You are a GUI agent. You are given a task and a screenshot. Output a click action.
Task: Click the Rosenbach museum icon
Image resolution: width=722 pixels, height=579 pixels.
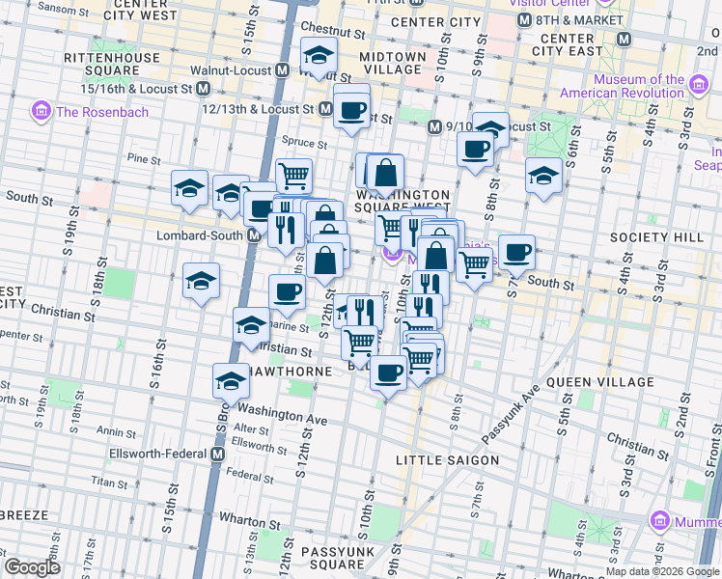click(42, 112)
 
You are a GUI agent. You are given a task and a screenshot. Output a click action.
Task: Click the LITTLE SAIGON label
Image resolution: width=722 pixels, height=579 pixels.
click(447, 460)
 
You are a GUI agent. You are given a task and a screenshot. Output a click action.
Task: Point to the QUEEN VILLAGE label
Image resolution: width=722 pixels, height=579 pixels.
click(595, 382)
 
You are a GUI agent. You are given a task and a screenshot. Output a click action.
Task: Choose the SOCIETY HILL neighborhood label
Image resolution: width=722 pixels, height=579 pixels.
click(652, 237)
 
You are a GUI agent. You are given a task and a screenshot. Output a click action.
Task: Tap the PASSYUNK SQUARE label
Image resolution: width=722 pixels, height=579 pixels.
click(331, 558)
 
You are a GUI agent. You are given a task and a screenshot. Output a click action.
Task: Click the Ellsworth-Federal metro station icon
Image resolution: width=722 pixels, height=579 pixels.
click(217, 454)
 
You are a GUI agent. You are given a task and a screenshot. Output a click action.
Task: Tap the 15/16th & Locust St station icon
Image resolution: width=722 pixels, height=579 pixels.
click(203, 88)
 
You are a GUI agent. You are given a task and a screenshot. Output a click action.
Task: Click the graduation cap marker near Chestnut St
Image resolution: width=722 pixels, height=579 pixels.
click(318, 58)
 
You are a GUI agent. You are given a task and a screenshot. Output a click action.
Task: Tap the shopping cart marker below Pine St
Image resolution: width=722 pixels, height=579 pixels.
click(293, 176)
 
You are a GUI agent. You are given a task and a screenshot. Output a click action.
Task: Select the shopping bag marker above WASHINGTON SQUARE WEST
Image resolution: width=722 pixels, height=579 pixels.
click(385, 174)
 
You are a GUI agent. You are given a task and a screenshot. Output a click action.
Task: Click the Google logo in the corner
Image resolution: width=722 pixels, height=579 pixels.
click(33, 566)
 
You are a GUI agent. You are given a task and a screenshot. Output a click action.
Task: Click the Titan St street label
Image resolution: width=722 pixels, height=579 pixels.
click(103, 479)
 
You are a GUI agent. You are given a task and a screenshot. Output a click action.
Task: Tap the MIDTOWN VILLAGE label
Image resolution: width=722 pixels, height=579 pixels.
click(393, 64)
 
